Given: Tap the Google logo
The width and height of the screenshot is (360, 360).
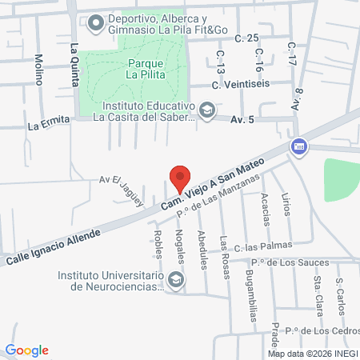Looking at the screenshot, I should pyautogui.click(x=27, y=350).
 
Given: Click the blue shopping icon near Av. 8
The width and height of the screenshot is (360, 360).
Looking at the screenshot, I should pyautogui.click(x=298, y=146).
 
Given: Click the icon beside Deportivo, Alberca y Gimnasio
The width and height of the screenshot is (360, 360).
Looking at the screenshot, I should pyautogui.click(x=95, y=23).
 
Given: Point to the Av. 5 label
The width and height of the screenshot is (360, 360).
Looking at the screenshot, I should pyautogui.click(x=242, y=120).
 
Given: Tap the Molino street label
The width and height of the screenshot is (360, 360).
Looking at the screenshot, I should pyautogui.click(x=38, y=70).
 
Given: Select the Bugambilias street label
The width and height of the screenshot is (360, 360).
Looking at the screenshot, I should pyautogui.click(x=252, y=300).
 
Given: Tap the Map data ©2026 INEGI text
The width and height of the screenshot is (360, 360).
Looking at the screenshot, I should pyautogui.click(x=311, y=354).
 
